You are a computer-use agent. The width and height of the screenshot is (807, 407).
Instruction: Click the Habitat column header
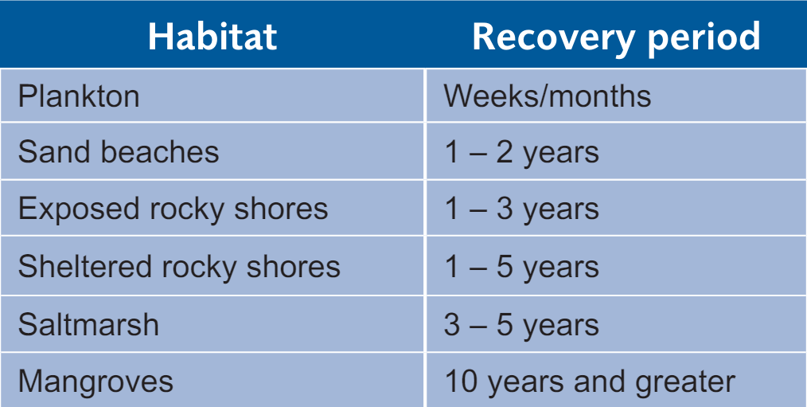212,37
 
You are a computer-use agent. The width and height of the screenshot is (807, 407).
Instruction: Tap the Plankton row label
79,96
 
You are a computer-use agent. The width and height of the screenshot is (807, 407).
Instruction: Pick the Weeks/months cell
547,96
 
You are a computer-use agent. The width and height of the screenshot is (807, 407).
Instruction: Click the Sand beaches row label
119,152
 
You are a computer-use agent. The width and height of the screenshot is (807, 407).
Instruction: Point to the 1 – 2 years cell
521,153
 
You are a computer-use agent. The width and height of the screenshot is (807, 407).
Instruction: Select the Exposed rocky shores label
173,209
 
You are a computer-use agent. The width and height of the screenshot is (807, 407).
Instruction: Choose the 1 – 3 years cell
521,209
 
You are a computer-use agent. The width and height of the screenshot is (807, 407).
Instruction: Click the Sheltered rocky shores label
179,266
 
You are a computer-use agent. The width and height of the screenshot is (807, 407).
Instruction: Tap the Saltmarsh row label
88,325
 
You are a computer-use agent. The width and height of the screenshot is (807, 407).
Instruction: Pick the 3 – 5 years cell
521,326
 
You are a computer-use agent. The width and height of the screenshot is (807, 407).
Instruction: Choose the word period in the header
704,39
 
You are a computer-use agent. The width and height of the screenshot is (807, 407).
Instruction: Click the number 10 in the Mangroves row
461,382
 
